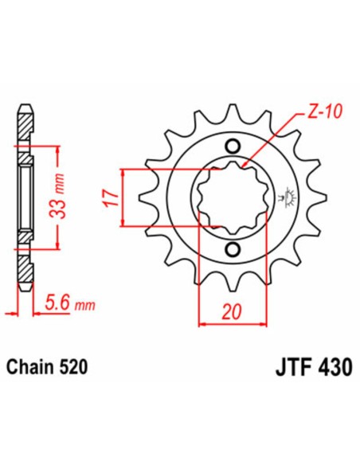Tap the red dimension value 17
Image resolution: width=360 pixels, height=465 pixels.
tap(110, 197)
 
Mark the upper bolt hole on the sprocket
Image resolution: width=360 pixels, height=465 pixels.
tap(233, 146)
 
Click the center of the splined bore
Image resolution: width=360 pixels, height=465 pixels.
tap(233, 198)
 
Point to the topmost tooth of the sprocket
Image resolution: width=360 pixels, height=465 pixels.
tap(233, 112)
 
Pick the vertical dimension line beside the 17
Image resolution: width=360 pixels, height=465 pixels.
tap(120, 198)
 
